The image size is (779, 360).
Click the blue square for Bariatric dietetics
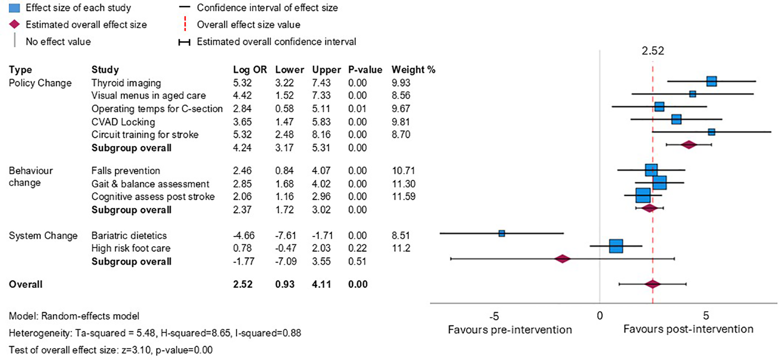(502, 233)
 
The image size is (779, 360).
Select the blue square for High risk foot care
(616, 246)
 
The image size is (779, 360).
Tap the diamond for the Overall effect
(652, 284)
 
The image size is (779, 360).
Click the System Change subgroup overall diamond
(562, 259)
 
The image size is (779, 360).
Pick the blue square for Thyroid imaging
(711, 81)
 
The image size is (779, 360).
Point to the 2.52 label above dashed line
(653, 51)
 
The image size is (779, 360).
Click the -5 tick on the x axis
(494, 316)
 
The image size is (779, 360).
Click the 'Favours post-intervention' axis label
(688, 329)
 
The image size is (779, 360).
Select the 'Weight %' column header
(413, 70)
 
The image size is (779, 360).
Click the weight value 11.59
(403, 196)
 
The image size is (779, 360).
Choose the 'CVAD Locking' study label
(123, 122)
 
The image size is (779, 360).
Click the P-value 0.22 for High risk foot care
(357, 248)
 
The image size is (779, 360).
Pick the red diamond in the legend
(15, 24)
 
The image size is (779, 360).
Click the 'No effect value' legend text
(58, 42)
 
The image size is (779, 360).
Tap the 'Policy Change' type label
(40, 83)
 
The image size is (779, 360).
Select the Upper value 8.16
(321, 134)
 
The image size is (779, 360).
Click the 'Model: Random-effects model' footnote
(74, 316)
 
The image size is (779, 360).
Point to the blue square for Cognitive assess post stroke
(643, 195)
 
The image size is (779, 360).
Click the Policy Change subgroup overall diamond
(689, 145)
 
